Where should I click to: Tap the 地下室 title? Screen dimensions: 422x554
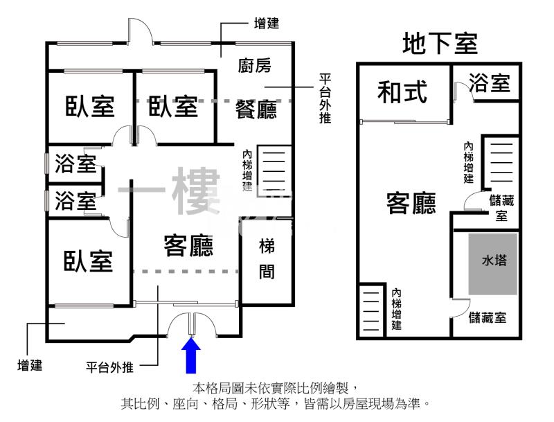coord(440,44)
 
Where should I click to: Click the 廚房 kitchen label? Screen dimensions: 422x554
coord(254,66)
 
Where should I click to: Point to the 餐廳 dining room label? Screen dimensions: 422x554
coord(256,109)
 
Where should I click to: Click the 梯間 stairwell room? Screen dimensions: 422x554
coord(267,258)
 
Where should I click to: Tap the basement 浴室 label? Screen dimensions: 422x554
coord(490,82)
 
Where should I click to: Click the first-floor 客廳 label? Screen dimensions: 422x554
coord(188,245)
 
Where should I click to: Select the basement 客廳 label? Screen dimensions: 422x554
coord(411,203)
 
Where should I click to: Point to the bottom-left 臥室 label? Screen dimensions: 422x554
coord(89,261)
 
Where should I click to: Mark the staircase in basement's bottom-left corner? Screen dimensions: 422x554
coord(371,310)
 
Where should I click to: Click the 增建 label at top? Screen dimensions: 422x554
coord(267,22)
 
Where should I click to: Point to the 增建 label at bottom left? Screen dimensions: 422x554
coord(30,364)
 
